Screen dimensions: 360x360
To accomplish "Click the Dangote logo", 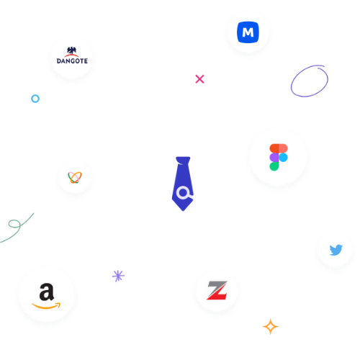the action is (x=72, y=55).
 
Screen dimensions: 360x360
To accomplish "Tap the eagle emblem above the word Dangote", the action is (x=71, y=50).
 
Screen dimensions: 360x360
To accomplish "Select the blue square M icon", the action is (x=248, y=32).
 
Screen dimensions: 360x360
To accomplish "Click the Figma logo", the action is (x=279, y=157).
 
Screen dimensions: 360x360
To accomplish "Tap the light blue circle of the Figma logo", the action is (x=283, y=158).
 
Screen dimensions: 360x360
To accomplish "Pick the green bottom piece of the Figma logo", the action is (x=274, y=166).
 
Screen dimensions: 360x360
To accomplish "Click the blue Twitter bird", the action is (x=336, y=250).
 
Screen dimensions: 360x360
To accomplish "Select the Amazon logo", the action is (x=46, y=296).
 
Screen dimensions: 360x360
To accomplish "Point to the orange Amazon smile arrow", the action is (x=46, y=306).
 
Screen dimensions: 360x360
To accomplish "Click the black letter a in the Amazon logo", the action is (x=47, y=292).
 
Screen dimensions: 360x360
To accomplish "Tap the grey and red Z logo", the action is (x=217, y=290).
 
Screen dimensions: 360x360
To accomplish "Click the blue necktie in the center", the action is (x=183, y=184).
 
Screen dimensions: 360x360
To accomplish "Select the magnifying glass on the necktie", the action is (x=184, y=193).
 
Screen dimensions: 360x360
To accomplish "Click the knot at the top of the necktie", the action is (x=183, y=161).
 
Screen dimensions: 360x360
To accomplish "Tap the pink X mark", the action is (x=199, y=79).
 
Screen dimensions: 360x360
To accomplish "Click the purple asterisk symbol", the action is (x=118, y=276).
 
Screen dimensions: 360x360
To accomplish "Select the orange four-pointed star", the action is (x=271, y=326).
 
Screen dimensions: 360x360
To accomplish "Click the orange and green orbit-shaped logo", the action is (x=75, y=178).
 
